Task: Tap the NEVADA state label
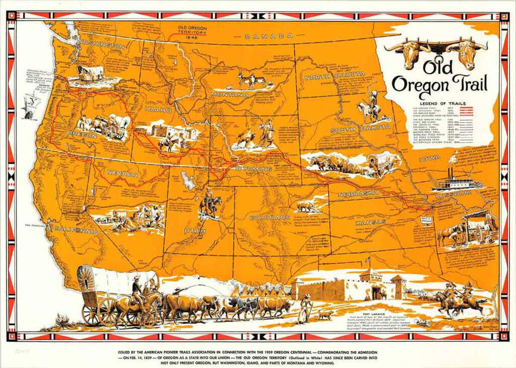tap(122, 174)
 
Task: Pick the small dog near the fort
tap(324, 315)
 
